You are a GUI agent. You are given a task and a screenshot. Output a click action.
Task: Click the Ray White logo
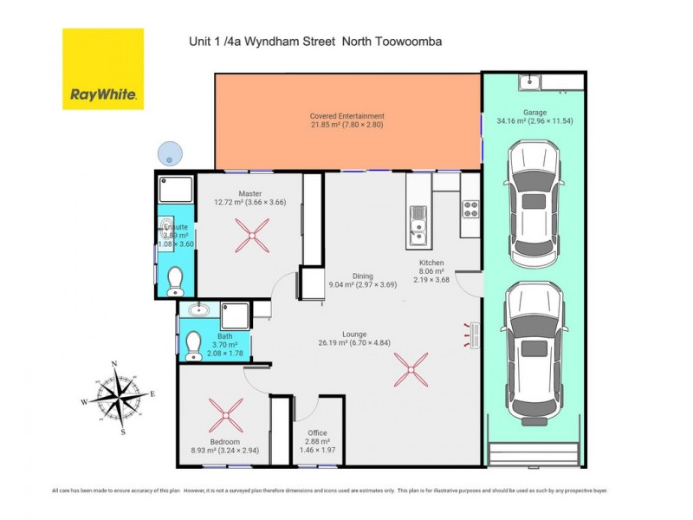click(x=102, y=69)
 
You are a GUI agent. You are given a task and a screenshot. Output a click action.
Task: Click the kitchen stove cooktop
click(x=470, y=209)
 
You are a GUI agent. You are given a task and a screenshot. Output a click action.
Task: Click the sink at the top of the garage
click(x=529, y=82)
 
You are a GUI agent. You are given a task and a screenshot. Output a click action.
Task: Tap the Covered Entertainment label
click(x=346, y=116)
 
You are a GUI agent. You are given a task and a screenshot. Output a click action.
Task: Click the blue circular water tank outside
click(x=168, y=153)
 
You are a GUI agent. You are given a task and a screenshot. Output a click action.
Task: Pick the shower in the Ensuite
click(x=171, y=190)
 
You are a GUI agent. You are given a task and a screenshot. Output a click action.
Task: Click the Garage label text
click(x=534, y=112)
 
